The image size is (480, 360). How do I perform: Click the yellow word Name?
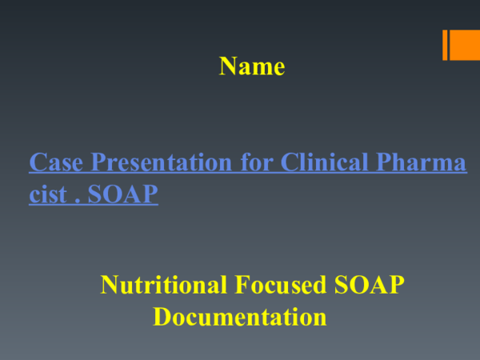tap(252, 66)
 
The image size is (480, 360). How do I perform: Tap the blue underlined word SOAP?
tap(123, 195)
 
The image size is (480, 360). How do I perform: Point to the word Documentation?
tap(240, 317)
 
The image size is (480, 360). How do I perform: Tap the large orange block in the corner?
tap(466, 45)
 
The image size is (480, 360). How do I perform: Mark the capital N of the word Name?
tap(227, 66)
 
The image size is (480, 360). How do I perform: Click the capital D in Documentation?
tap(162, 317)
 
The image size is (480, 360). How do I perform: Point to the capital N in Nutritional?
tap(109, 284)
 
